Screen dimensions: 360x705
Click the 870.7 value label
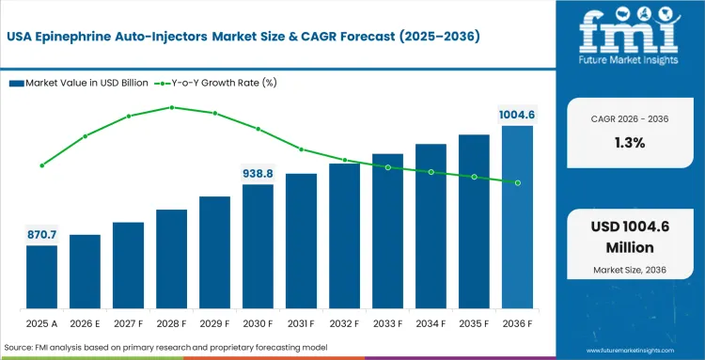click(x=41, y=233)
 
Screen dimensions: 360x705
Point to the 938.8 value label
click(x=258, y=173)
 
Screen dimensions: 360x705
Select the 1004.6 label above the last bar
click(x=517, y=115)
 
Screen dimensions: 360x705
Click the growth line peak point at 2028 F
click(x=171, y=107)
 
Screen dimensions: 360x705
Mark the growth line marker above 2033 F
click(x=387, y=167)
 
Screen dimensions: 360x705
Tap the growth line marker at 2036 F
click(x=517, y=182)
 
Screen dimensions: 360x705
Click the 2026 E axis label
click(x=85, y=324)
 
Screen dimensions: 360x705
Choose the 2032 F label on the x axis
click(x=344, y=324)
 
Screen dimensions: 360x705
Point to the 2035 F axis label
click(x=474, y=324)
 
